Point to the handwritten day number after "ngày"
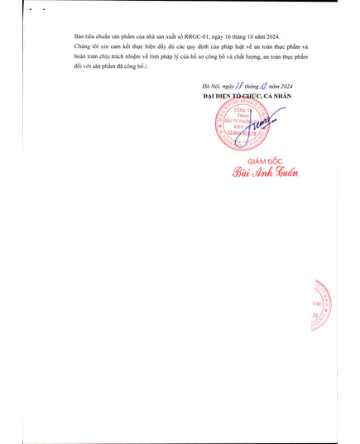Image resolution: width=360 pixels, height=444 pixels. [x=239, y=87]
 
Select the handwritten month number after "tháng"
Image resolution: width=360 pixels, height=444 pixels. [x=265, y=87]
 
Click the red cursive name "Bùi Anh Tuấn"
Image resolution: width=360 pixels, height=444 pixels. [x=263, y=173]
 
